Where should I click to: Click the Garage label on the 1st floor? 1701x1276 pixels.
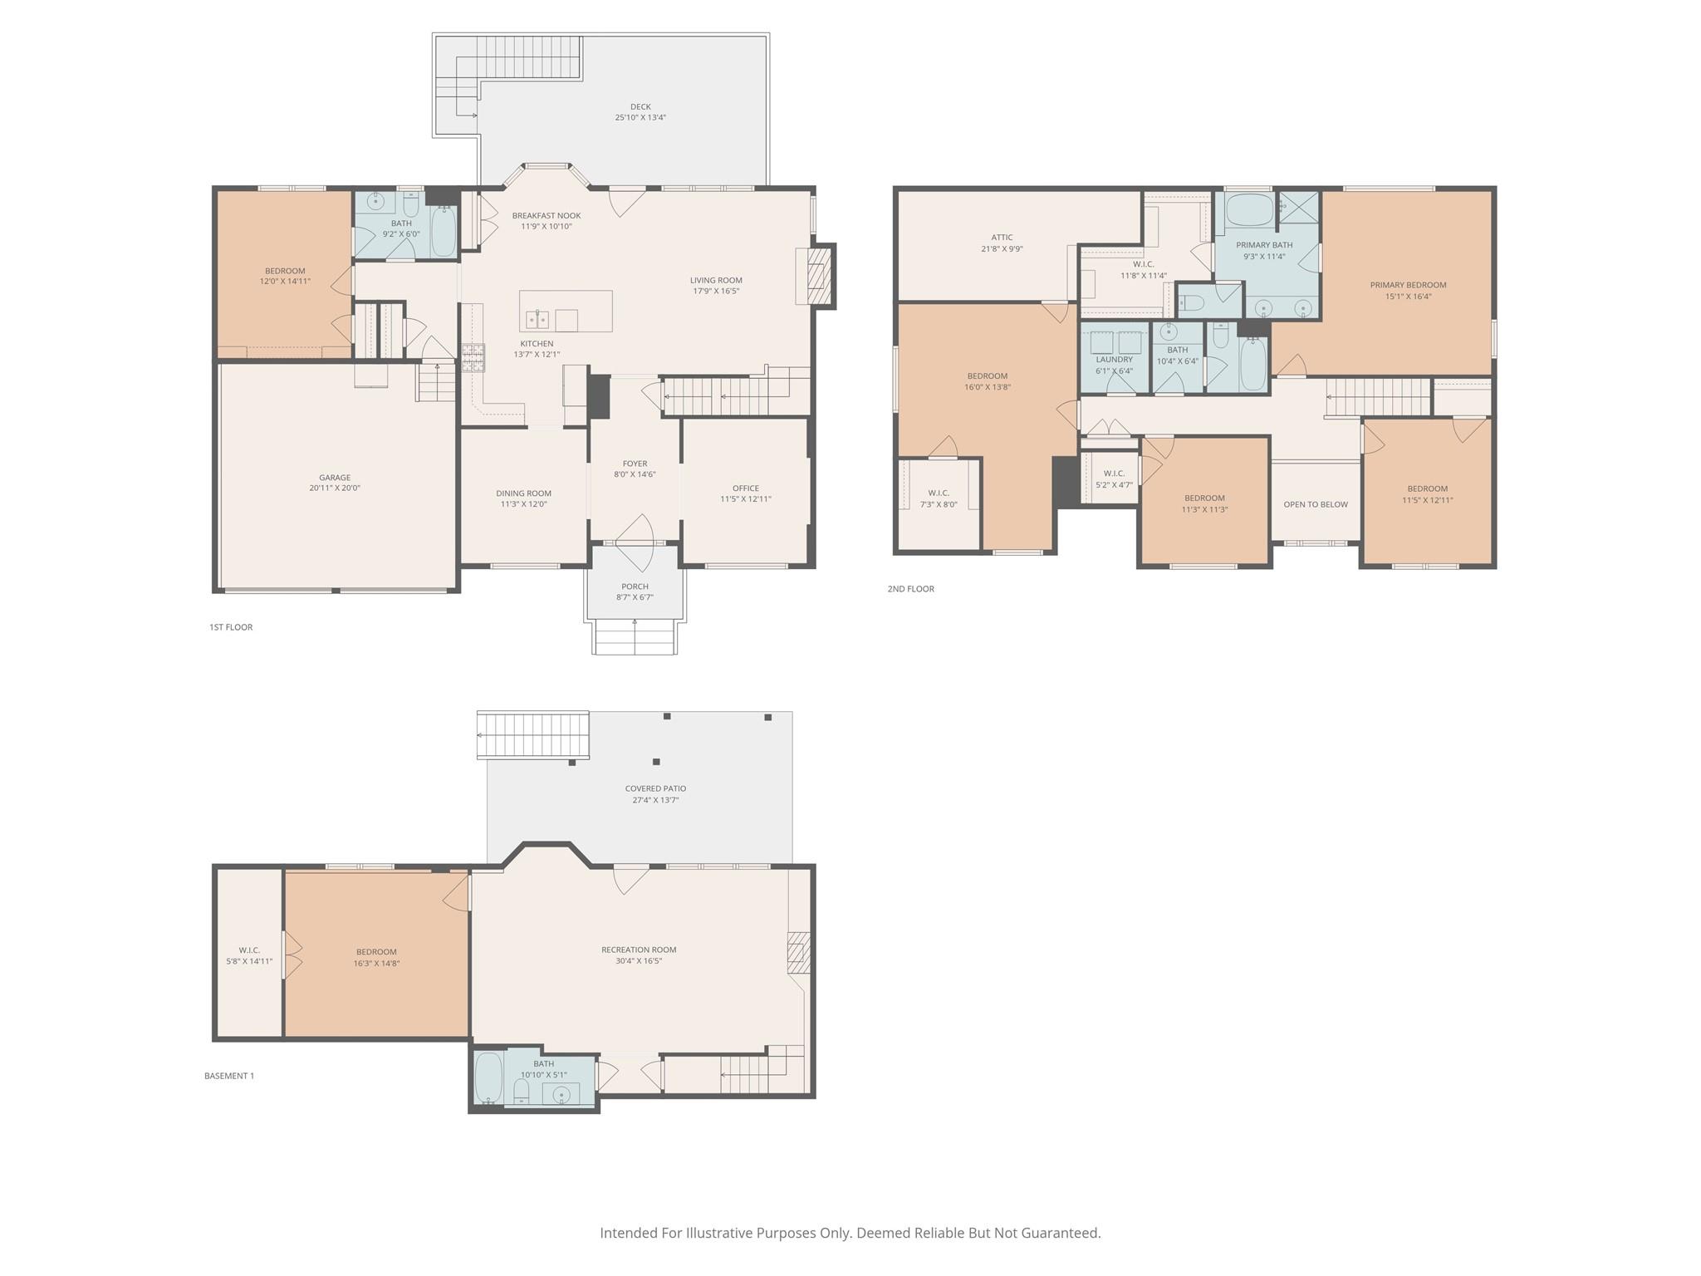[335, 478]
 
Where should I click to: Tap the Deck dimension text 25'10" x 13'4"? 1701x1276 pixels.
[640, 118]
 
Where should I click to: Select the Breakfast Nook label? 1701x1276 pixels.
[546, 216]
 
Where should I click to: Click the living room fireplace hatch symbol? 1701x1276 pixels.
[818, 276]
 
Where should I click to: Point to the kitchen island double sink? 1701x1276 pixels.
[537, 319]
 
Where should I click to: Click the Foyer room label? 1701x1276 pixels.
[635, 464]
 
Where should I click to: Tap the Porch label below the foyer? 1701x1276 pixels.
[635, 586]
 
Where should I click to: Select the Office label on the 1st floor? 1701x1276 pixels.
[745, 488]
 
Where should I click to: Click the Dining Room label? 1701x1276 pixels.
[523, 493]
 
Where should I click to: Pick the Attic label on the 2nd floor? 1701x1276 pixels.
[1002, 238]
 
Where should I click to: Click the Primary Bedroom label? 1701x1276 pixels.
[1408, 285]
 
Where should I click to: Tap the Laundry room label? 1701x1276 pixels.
[1114, 360]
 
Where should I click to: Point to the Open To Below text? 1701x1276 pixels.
[1316, 504]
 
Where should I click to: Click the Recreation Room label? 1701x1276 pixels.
[639, 950]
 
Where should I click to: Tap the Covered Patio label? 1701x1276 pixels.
[655, 788]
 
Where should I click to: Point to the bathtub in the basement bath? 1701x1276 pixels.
[488, 1078]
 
